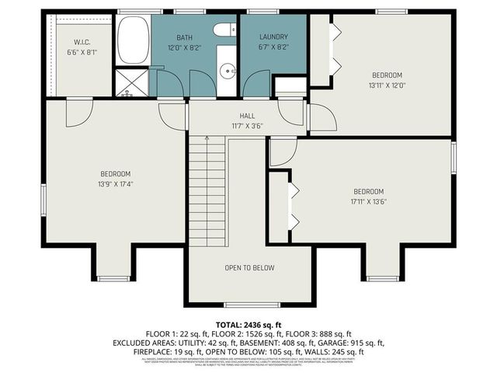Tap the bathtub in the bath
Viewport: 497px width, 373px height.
[x=133, y=40]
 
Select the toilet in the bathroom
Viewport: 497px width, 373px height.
[x=224, y=30]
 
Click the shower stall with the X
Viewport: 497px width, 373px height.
[x=132, y=82]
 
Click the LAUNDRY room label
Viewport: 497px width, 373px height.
[x=274, y=37]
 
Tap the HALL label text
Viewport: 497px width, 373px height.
[x=247, y=116]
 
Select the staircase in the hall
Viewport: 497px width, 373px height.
[x=207, y=190]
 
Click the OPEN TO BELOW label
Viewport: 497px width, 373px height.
[x=249, y=268]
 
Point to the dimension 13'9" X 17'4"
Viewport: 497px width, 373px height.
[x=115, y=184]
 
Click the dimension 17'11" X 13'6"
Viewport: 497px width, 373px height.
[x=369, y=201]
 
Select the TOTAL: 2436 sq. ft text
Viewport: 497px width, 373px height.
[x=248, y=323]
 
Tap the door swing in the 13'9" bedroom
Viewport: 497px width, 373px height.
[x=78, y=114]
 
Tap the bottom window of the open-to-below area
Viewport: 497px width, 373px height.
[x=241, y=304]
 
